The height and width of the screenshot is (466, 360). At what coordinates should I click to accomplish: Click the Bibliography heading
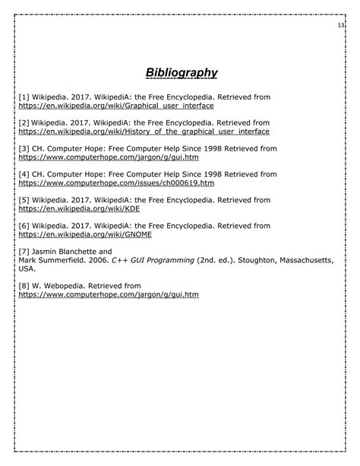182,73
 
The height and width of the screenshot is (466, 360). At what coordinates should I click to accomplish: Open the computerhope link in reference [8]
108,295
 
